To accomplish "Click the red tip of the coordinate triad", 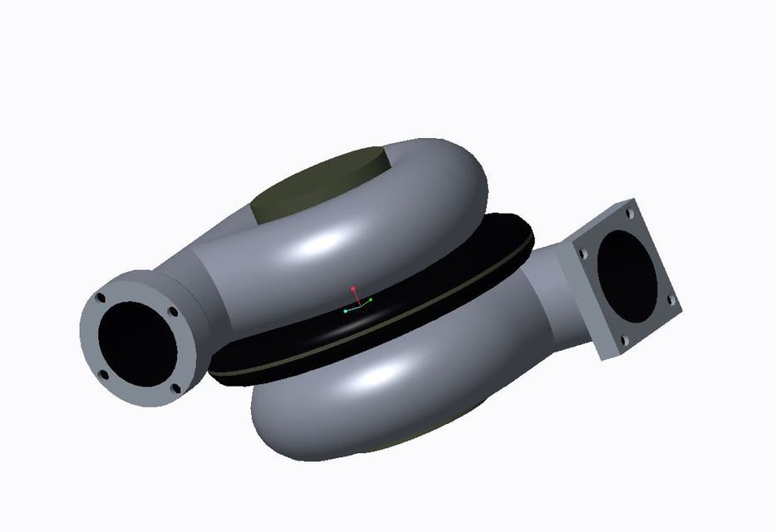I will tap(353, 289).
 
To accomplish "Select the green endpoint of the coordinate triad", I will tap(370, 299).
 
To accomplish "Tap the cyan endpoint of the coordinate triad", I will tap(345, 311).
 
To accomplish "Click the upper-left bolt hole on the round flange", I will tap(101, 298).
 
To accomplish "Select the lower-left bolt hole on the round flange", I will tap(104, 374).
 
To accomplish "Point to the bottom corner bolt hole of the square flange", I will tap(623, 340).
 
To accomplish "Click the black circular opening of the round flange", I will tap(138, 342).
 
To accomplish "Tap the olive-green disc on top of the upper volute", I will tap(320, 188).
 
